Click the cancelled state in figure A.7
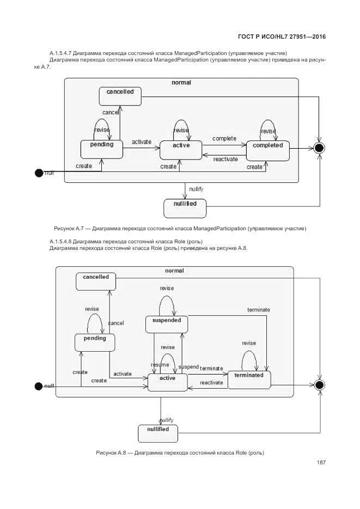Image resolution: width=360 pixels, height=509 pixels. [120, 96]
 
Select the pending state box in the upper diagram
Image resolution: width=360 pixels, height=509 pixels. [101, 149]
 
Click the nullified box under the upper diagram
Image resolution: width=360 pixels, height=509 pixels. [185, 207]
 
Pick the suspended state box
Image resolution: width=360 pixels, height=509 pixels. [166, 324]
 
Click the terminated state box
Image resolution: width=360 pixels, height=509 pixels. [249, 379]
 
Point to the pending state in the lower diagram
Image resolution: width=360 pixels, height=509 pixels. [95, 342]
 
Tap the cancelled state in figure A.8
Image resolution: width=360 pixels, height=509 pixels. [96, 281]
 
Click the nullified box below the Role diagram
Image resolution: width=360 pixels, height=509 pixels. [158, 433]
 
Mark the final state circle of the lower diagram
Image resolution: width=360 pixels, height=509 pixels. [319, 385]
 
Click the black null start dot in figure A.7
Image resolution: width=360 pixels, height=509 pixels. [39, 173]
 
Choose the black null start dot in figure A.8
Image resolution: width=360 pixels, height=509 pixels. [39, 386]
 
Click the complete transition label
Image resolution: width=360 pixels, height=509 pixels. [224, 139]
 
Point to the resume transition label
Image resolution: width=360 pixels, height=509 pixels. [159, 365]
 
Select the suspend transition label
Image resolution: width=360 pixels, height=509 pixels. [188, 367]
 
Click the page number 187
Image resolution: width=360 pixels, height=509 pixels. [321, 463]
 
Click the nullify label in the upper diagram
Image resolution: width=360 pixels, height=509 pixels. [196, 189]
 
